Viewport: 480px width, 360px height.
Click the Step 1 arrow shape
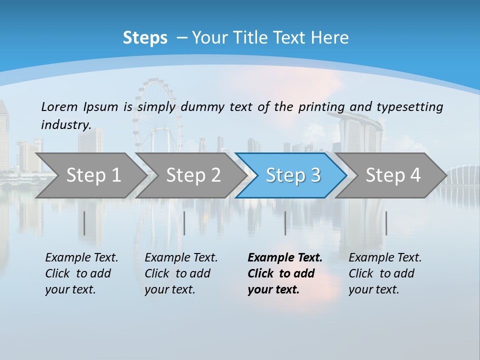pos(90,175)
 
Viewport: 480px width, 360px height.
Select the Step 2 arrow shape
pos(190,175)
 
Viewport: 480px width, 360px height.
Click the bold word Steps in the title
pos(145,38)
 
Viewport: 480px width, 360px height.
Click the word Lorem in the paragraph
pos(59,106)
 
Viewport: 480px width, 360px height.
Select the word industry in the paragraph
pos(65,124)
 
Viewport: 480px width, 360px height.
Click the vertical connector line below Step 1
pos(84,223)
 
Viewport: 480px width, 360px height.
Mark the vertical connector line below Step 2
pos(184,223)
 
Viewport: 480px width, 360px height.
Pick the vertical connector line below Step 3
pos(285,223)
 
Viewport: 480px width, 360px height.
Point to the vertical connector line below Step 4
pos(386,223)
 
